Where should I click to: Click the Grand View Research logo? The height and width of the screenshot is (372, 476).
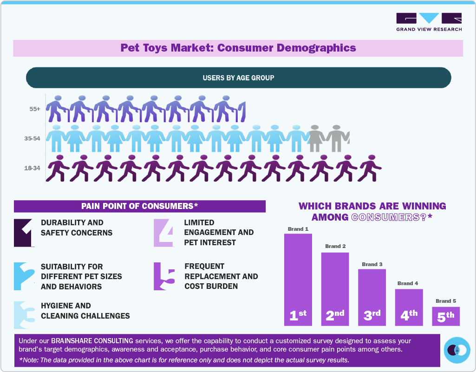[429, 22]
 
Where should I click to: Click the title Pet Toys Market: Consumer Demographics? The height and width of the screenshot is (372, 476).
[238, 48]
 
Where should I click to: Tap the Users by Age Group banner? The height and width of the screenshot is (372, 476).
[238, 78]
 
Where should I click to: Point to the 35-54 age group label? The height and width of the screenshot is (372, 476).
[32, 138]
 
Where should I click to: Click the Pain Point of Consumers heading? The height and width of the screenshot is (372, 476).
[139, 206]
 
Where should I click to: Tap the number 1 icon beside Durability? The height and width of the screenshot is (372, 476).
[23, 232]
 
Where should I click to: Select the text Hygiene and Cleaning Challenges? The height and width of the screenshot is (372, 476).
[85, 311]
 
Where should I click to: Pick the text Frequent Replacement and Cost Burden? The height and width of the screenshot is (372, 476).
[221, 276]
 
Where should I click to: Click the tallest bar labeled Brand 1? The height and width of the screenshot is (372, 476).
[298, 279]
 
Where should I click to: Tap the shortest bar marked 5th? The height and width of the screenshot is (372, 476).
[445, 316]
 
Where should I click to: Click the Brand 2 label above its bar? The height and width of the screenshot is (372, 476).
[335, 246]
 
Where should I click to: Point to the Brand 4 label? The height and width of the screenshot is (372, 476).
[408, 283]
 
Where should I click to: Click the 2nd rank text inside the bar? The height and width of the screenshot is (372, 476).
[335, 315]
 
